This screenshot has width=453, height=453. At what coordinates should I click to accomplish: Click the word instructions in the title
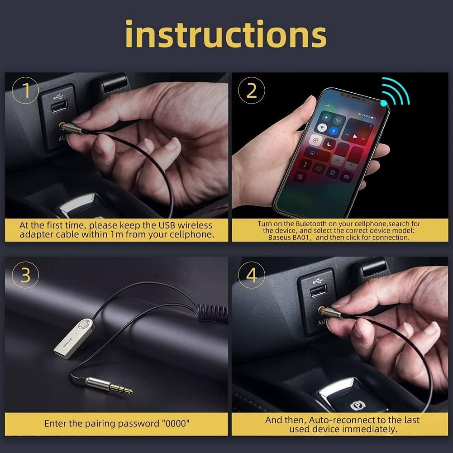pos(226,34)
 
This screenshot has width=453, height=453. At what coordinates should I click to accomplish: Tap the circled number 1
pos(25,91)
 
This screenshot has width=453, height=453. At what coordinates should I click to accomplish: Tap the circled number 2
pos(251,91)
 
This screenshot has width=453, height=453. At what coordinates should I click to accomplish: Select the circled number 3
pos(25,275)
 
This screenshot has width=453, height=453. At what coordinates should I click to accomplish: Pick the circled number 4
pos(251,275)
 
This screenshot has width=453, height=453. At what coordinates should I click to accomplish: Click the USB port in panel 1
pos(59,107)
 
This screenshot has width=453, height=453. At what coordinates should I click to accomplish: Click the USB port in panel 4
pos(319,291)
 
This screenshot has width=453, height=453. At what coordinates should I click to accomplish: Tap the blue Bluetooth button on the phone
pos(334,131)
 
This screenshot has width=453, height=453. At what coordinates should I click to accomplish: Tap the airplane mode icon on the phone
pos(326,118)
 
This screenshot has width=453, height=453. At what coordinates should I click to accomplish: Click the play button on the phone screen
pos(355,136)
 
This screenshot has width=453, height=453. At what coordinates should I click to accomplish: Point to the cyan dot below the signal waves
pos(384,103)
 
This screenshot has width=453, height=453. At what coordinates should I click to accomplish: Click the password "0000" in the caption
pos(176,424)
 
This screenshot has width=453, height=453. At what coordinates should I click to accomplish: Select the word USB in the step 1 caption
pos(167,225)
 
